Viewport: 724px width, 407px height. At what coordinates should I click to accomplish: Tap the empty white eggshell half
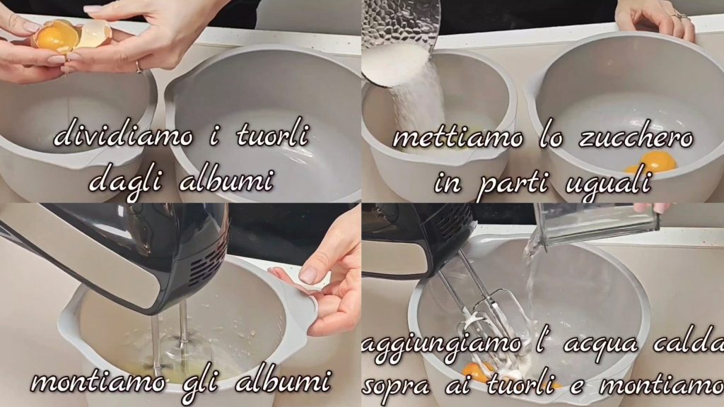[94, 34]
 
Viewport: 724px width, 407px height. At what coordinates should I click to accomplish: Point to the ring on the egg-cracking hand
[139, 66]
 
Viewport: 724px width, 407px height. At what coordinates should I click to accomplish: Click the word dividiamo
[124, 136]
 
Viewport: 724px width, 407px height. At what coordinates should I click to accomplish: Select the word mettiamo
[458, 138]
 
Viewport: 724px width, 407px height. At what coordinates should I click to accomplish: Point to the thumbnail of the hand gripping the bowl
[308, 275]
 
